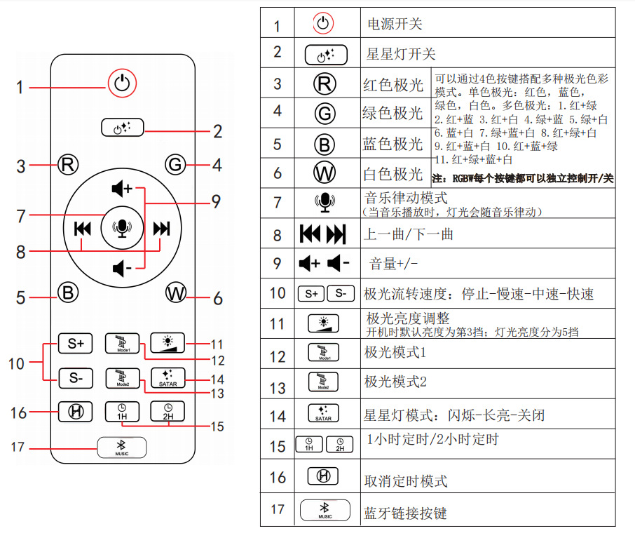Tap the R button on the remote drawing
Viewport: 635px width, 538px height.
(67, 166)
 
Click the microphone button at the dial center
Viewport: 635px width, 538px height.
(122, 227)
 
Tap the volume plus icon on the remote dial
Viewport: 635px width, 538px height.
(122, 188)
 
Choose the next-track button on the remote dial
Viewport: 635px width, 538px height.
(162, 228)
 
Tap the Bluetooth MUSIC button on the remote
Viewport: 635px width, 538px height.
(122, 447)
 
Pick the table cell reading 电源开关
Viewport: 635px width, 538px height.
(395, 24)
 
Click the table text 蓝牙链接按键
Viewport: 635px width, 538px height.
(405, 513)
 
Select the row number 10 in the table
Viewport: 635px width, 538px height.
(278, 292)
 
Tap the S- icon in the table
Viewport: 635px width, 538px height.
(340, 293)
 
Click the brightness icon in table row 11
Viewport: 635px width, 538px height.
(324, 324)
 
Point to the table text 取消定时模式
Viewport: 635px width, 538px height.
(405, 481)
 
